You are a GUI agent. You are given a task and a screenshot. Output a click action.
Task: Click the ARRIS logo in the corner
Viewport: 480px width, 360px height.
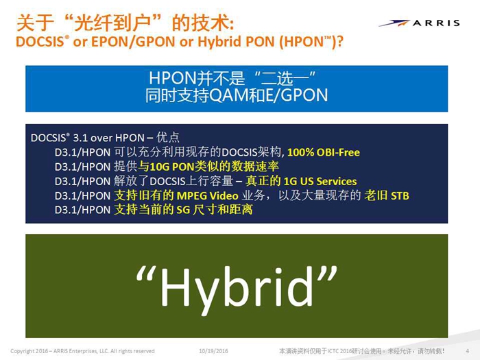(419, 23)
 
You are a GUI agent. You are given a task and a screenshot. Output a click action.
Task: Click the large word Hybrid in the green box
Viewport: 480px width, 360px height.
(237, 287)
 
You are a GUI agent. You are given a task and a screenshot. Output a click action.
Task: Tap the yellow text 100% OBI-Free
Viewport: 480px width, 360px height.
(324, 152)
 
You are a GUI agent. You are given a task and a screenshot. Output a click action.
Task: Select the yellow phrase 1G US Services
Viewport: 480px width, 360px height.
(320, 181)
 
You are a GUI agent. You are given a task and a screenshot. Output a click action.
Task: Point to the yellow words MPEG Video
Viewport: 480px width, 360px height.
(208, 195)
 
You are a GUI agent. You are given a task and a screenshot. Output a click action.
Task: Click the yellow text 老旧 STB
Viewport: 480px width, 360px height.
(387, 195)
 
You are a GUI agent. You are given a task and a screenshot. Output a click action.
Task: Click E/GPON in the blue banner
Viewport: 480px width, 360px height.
(297, 95)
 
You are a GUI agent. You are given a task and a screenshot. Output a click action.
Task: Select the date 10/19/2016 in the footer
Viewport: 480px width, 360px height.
(213, 351)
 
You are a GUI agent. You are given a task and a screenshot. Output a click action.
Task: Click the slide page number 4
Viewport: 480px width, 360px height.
(468, 351)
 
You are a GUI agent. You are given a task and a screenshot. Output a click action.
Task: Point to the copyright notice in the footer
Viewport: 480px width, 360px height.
(82, 351)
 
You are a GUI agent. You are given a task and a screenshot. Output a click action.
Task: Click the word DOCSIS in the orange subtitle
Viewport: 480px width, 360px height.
(40, 42)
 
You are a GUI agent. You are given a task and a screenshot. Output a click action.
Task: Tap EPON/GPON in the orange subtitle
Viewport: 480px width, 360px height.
(133, 42)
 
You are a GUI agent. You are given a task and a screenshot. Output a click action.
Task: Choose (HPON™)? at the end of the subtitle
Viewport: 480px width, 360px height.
(311, 42)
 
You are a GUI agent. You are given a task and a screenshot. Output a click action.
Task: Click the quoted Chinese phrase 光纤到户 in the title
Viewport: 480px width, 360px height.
(112, 23)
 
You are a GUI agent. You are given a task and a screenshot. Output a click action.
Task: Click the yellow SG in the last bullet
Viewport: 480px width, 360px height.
(183, 210)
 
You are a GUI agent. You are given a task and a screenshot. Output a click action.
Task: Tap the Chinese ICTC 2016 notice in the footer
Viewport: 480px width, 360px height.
(361, 351)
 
